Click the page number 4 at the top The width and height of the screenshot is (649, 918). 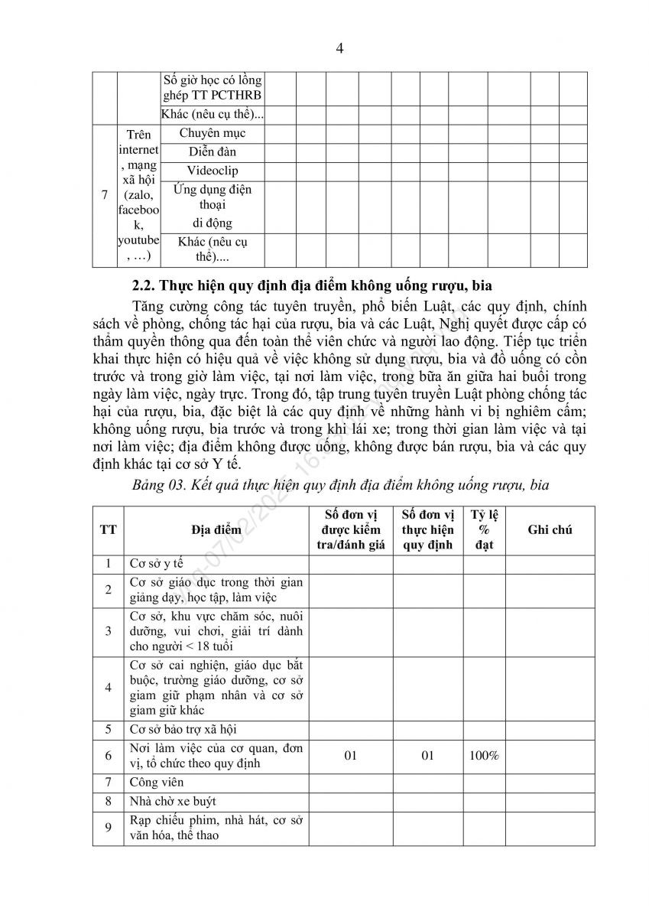339,48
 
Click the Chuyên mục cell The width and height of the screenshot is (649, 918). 213,133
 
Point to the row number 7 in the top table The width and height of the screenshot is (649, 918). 104,195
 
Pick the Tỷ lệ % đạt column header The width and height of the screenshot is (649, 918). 483,529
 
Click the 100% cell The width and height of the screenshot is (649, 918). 483,756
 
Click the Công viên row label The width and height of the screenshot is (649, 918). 157,783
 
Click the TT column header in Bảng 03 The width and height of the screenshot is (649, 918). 108,529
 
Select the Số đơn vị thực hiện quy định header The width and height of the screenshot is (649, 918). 428,529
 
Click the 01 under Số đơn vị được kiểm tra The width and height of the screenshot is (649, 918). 351,756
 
